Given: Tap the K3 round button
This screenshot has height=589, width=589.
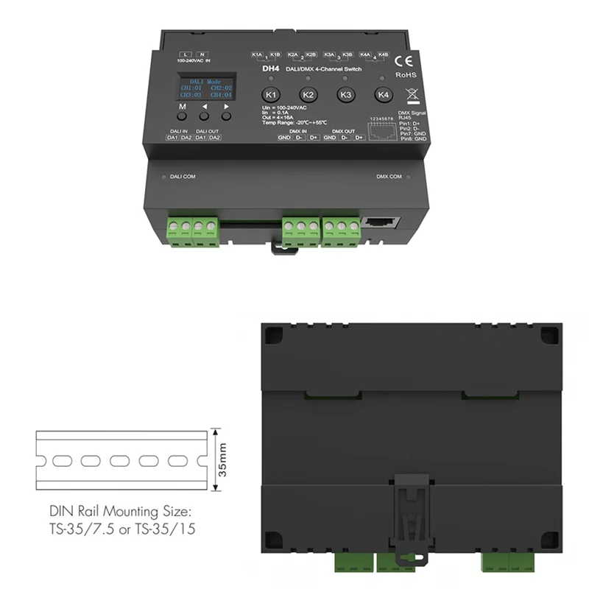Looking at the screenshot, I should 345,95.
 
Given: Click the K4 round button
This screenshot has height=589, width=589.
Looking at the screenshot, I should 382,94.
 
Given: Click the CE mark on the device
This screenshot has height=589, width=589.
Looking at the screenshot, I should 404,61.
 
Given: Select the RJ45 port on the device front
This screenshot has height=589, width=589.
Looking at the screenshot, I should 381,221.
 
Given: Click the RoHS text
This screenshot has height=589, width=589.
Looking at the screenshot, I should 406,75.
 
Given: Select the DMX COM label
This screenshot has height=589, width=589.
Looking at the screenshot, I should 389,177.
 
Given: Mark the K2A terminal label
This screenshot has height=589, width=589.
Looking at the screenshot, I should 293,54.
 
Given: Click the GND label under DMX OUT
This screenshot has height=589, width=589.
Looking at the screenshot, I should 330,138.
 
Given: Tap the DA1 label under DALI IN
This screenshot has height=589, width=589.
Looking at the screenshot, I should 172,138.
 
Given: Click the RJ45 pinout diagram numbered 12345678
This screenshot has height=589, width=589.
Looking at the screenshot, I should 380,126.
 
